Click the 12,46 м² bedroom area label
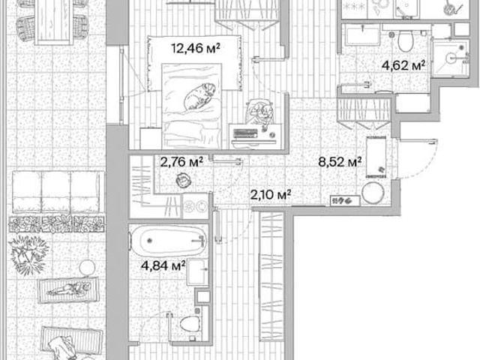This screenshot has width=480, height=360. coord(196,48)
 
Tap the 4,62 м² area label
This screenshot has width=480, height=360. coord(403,65)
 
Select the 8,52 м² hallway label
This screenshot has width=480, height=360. coord(340,162)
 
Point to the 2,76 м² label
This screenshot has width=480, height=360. coord(181,162)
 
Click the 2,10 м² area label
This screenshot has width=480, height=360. coord(271,194)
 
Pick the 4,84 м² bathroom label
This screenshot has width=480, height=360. coord(163,265)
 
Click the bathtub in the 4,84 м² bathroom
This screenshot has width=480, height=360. coord(168,241)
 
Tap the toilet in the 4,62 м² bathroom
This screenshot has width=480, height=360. coord(405,41)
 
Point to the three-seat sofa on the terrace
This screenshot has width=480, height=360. coord(57,192)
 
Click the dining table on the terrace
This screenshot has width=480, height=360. coord(54,22)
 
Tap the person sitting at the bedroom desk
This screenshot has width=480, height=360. coord(259,112)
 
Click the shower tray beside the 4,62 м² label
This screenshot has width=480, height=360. coord(450,58)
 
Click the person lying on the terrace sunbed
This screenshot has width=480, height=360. coord(69,289)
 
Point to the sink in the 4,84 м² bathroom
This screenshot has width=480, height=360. coord(198,271)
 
